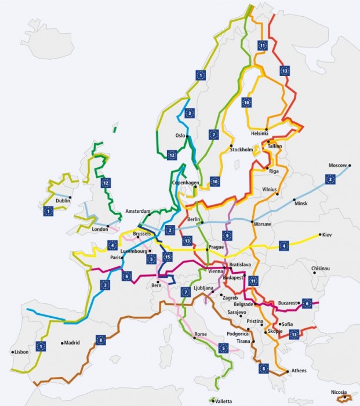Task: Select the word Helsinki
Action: click(260, 133)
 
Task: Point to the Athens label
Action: click(300, 371)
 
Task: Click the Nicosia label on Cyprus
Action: click(340, 391)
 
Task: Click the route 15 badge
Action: click(168, 257)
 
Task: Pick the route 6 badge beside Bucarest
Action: click(307, 303)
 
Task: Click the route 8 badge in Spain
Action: click(100, 340)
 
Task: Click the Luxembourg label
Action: click(133, 251)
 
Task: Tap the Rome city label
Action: click(201, 335)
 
